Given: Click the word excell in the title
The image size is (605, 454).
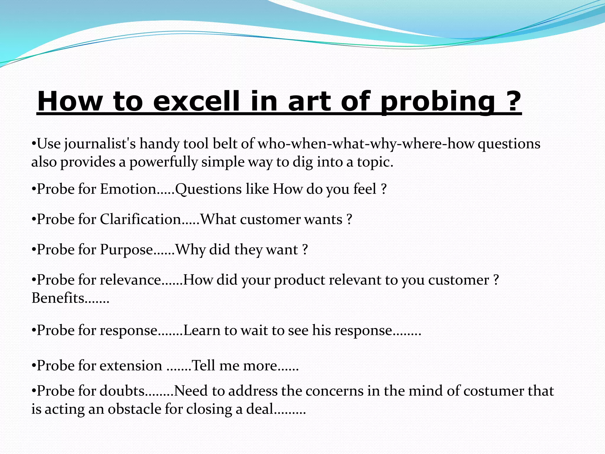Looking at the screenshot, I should click(x=196, y=101).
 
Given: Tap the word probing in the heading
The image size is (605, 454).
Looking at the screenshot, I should click(x=437, y=101).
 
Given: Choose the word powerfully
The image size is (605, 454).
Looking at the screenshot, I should click(x=163, y=162).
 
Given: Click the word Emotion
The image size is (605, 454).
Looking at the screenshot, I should click(x=128, y=189).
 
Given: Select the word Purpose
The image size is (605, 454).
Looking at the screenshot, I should click(x=126, y=250).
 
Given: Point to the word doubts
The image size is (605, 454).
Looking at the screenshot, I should click(x=122, y=391).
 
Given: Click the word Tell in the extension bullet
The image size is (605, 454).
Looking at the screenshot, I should click(x=204, y=366).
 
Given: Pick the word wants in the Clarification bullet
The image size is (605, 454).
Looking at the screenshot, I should click(x=323, y=220).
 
